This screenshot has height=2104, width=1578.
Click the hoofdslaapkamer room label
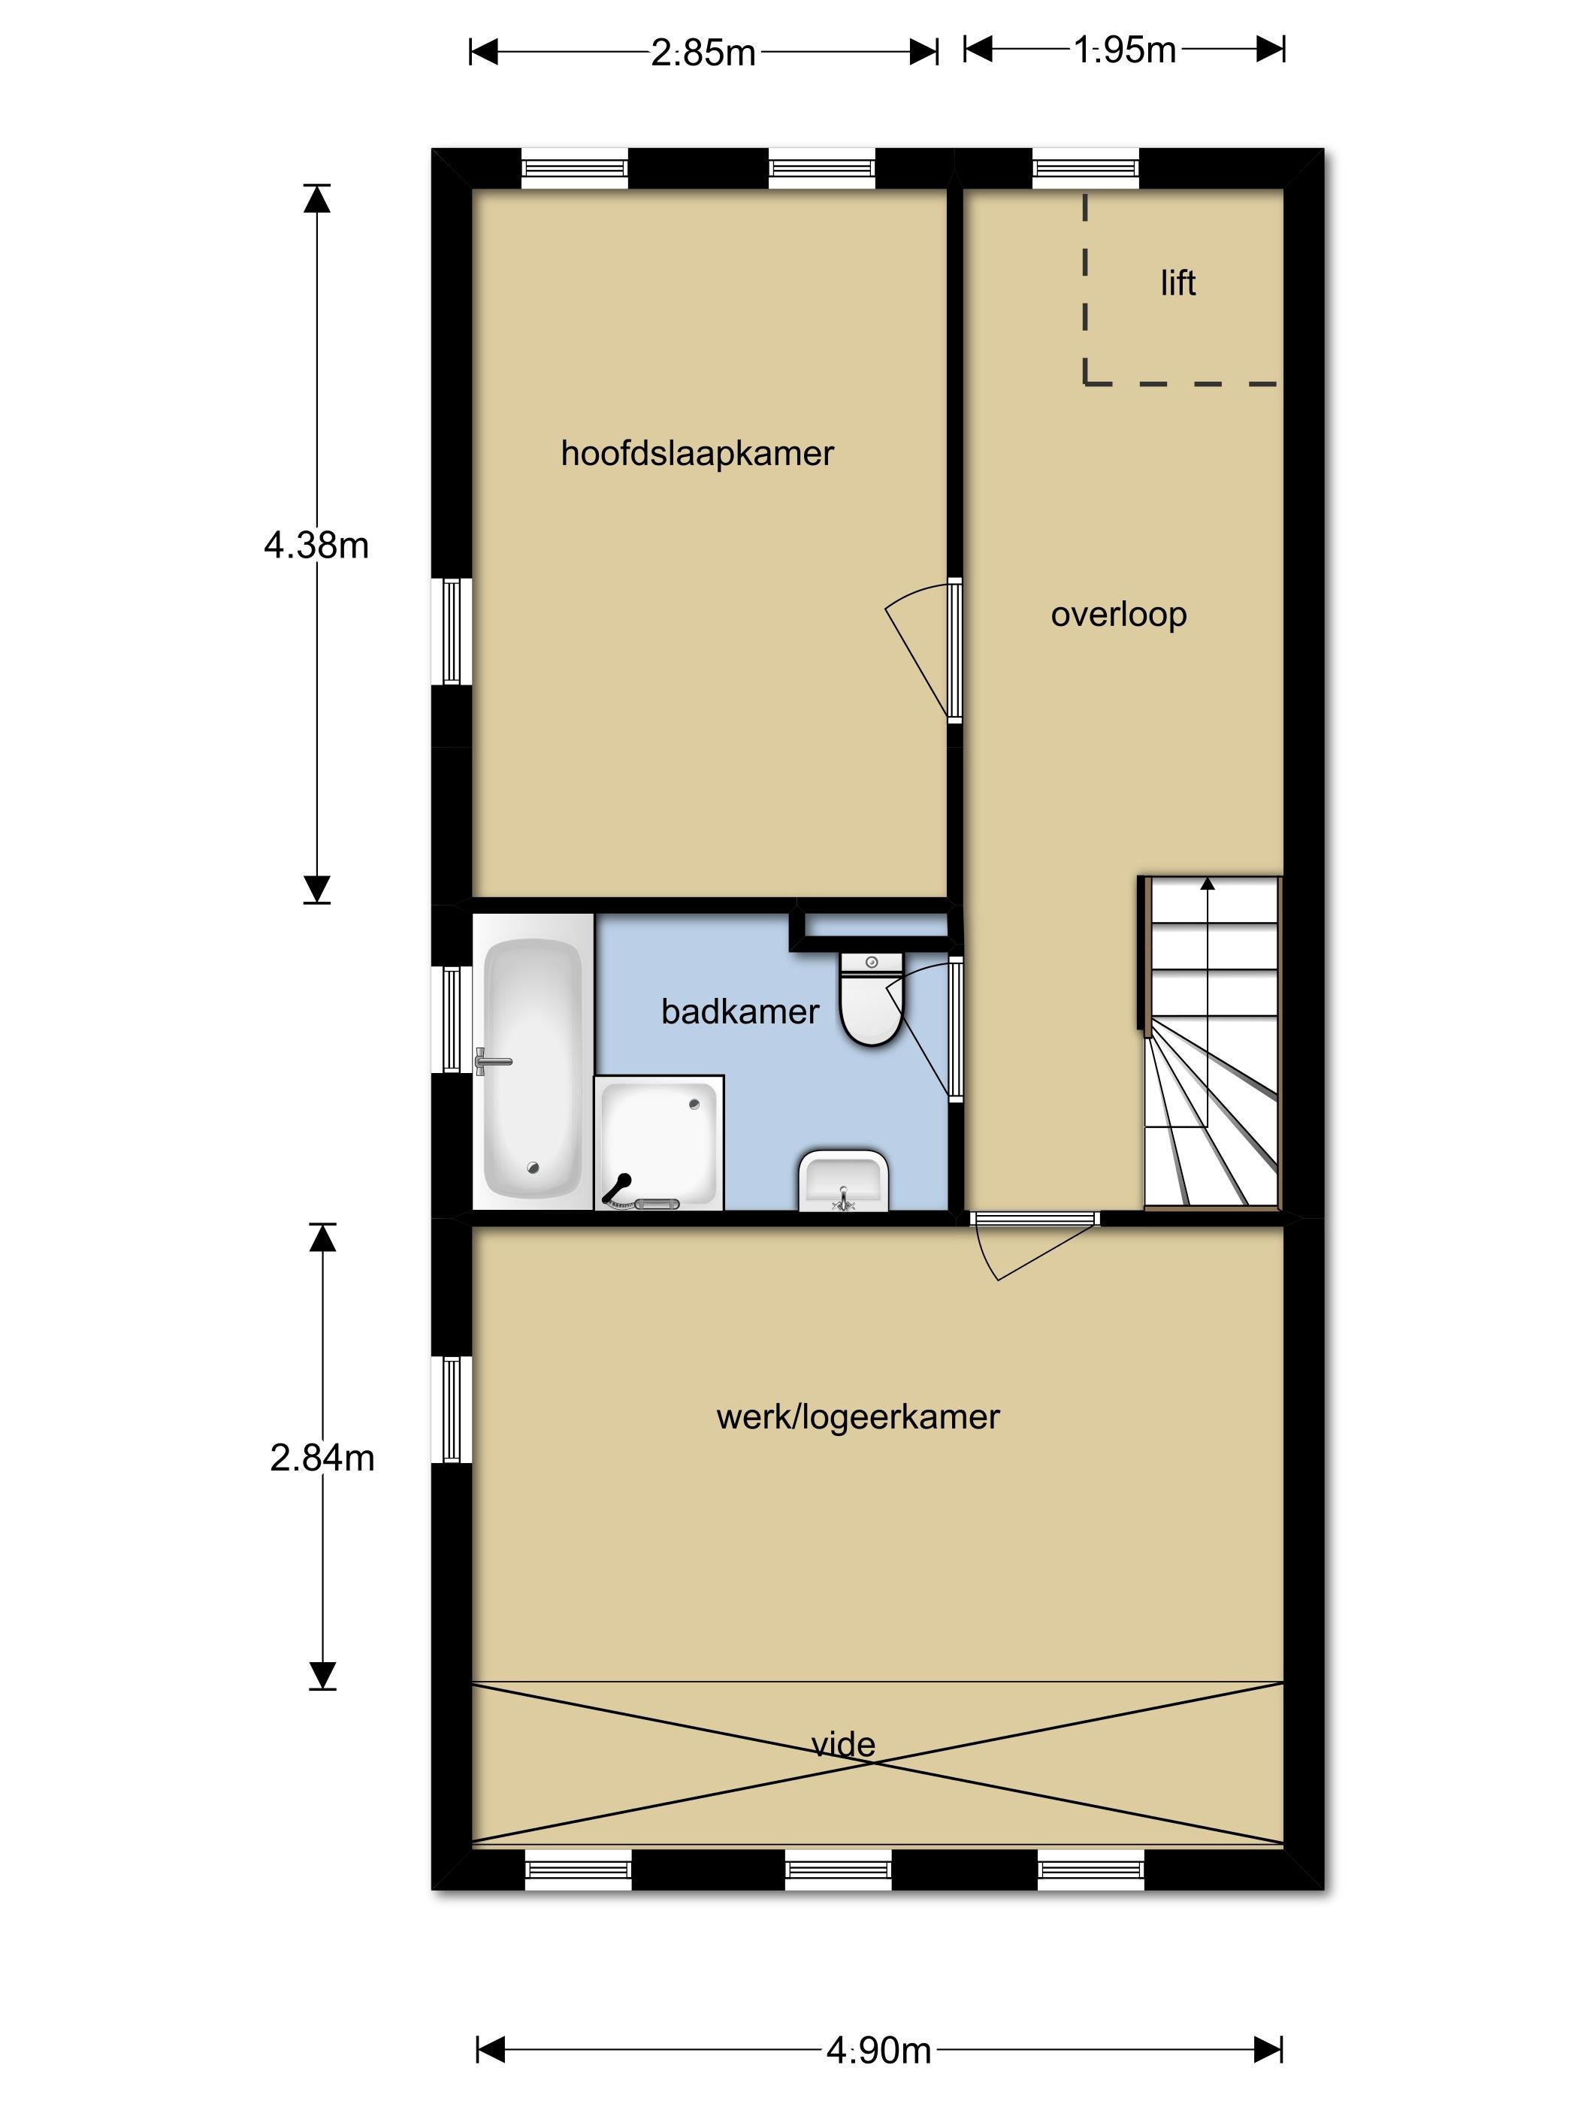(x=697, y=454)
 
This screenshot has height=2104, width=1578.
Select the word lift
(x=1177, y=283)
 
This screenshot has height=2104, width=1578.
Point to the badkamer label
(x=739, y=1011)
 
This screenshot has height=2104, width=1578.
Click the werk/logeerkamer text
(x=857, y=1417)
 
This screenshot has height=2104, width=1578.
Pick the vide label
(x=843, y=1743)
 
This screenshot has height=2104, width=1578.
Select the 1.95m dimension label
(x=1124, y=50)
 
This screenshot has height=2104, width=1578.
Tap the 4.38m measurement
(x=316, y=545)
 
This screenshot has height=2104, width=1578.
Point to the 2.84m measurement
(x=322, y=1457)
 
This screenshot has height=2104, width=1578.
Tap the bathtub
(x=533, y=1069)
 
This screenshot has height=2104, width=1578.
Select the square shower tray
(x=658, y=1142)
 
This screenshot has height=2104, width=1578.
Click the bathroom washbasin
(x=844, y=1180)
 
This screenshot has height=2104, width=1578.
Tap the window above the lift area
(x=1085, y=169)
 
